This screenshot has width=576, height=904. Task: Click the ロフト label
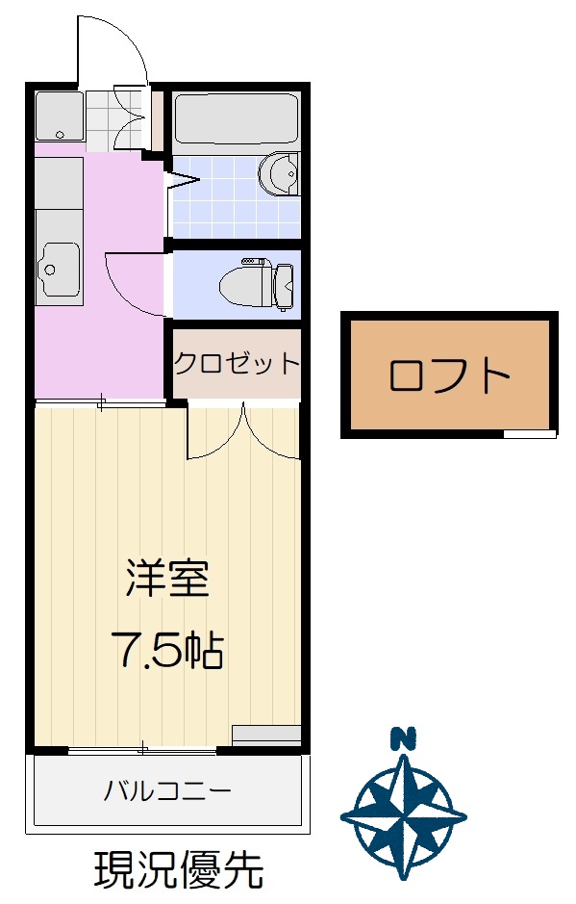click(449, 375)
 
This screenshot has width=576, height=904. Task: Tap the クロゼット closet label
click(237, 364)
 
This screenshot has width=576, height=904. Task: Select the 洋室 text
click(167, 578)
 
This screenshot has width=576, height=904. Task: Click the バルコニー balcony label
click(167, 789)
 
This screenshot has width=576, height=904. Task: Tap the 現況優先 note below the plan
click(179, 869)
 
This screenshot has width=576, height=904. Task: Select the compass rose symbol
click(403, 815)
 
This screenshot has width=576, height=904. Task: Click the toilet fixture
click(257, 284)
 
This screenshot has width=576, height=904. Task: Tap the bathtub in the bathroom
click(237, 118)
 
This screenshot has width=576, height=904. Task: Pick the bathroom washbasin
click(280, 173)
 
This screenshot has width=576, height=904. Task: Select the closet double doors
click(243, 431)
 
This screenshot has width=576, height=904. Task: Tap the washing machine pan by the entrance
click(60, 116)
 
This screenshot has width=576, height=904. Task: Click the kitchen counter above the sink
click(58, 183)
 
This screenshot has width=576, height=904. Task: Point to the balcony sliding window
click(143, 750)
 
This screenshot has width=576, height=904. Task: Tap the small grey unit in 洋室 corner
click(266, 734)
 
